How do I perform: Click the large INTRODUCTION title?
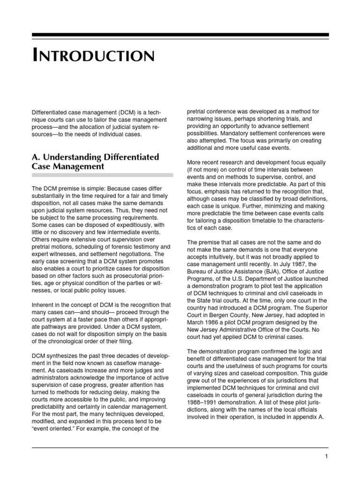click(93, 56)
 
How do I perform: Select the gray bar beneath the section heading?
click(102, 174)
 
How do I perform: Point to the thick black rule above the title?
click(180, 35)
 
